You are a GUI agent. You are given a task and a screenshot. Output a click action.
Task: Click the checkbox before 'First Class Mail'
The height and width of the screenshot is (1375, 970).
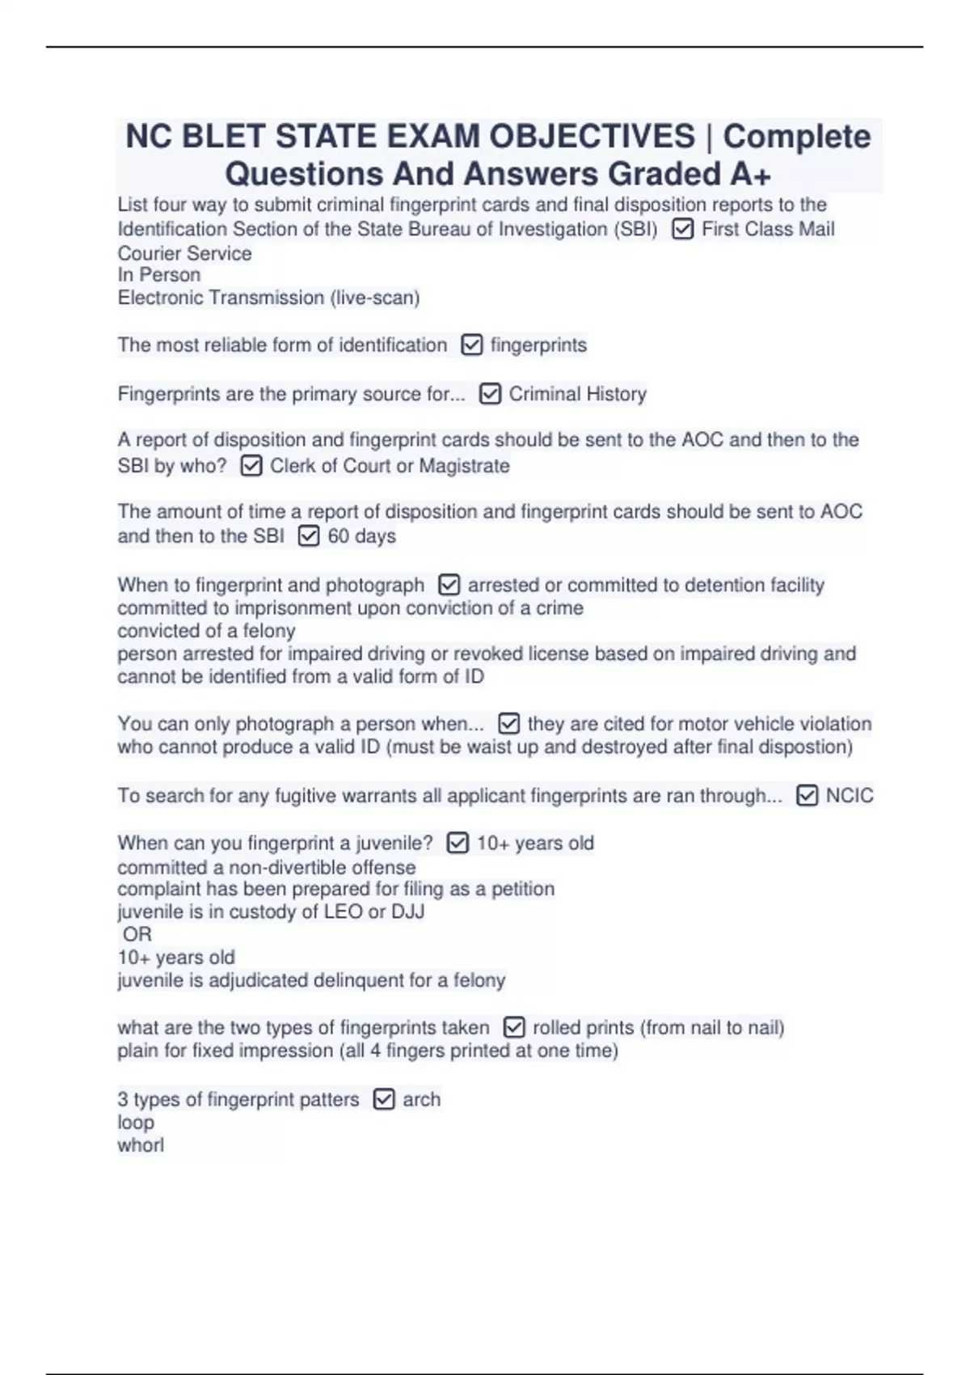coord(682,230)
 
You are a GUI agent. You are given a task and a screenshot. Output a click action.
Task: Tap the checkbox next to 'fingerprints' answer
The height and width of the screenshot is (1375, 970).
coord(471,345)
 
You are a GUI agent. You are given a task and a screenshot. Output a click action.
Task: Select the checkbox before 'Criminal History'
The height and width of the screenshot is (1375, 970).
coord(490,394)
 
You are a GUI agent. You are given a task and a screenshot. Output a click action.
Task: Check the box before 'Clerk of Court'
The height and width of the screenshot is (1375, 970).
coord(251,466)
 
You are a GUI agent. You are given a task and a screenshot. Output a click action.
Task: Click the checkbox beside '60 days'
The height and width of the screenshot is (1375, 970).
coord(309,536)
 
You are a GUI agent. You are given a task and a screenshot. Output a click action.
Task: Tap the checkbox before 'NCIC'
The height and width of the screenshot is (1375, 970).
coord(807,796)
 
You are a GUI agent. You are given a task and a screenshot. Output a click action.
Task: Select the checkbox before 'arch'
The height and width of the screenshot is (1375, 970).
coord(384,1099)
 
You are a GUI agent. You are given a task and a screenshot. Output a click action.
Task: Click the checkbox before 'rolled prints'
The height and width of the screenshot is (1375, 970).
coord(514,1027)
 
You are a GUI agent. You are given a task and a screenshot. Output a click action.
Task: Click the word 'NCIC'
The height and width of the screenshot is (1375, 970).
coord(849,796)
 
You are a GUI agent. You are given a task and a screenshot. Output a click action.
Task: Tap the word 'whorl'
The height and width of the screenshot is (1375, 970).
coord(141,1145)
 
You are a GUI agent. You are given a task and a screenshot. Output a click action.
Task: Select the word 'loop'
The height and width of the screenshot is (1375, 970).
coord(136,1123)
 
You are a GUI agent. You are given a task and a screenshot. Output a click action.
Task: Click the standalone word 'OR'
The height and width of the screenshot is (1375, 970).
coord(137,935)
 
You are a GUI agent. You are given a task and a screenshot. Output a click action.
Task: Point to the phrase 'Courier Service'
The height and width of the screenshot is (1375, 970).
coord(184,253)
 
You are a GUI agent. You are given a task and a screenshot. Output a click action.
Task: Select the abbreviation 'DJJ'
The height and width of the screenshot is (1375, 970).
coord(407,912)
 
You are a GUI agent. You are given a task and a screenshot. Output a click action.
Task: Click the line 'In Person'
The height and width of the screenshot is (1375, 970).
coord(158,275)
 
